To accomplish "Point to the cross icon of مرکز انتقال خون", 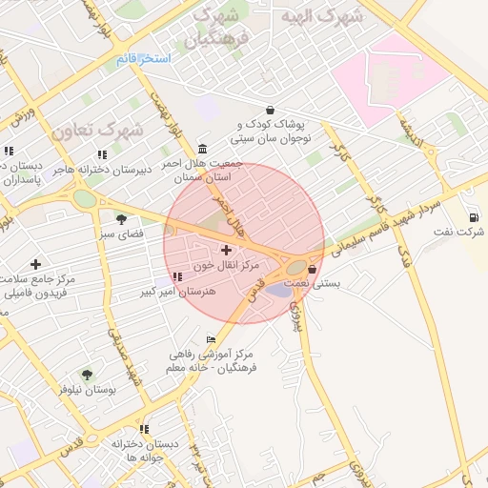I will coord(225,250).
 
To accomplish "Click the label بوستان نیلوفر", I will coord(87,389).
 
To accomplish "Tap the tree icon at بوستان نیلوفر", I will coord(87,375).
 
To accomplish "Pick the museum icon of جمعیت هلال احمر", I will coord(202,149).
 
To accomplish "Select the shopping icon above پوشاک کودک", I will coord(272,110).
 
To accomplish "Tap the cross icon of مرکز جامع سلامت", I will coord(36,264).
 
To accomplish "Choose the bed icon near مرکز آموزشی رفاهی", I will coord(211,339).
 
